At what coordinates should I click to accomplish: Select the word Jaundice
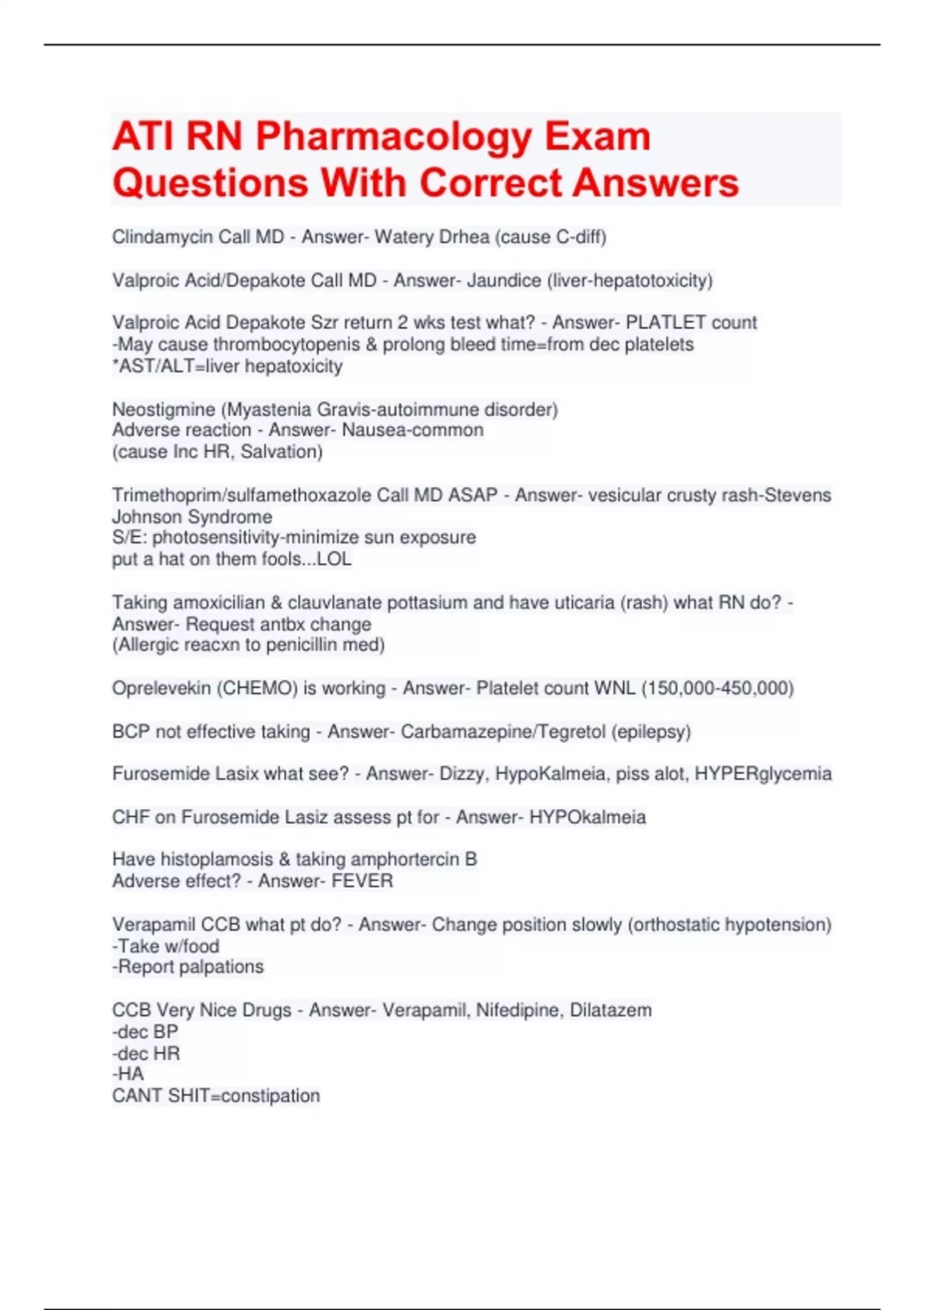click(x=503, y=280)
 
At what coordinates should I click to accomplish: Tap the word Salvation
click(x=281, y=452)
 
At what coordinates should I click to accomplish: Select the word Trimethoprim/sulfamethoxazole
click(x=241, y=495)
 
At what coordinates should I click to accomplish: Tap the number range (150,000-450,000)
click(x=717, y=688)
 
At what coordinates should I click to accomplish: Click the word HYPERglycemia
click(x=763, y=774)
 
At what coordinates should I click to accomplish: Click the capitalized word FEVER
click(x=362, y=881)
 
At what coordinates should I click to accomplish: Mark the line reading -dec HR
click(x=146, y=1053)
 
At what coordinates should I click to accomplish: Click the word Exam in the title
click(x=597, y=137)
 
